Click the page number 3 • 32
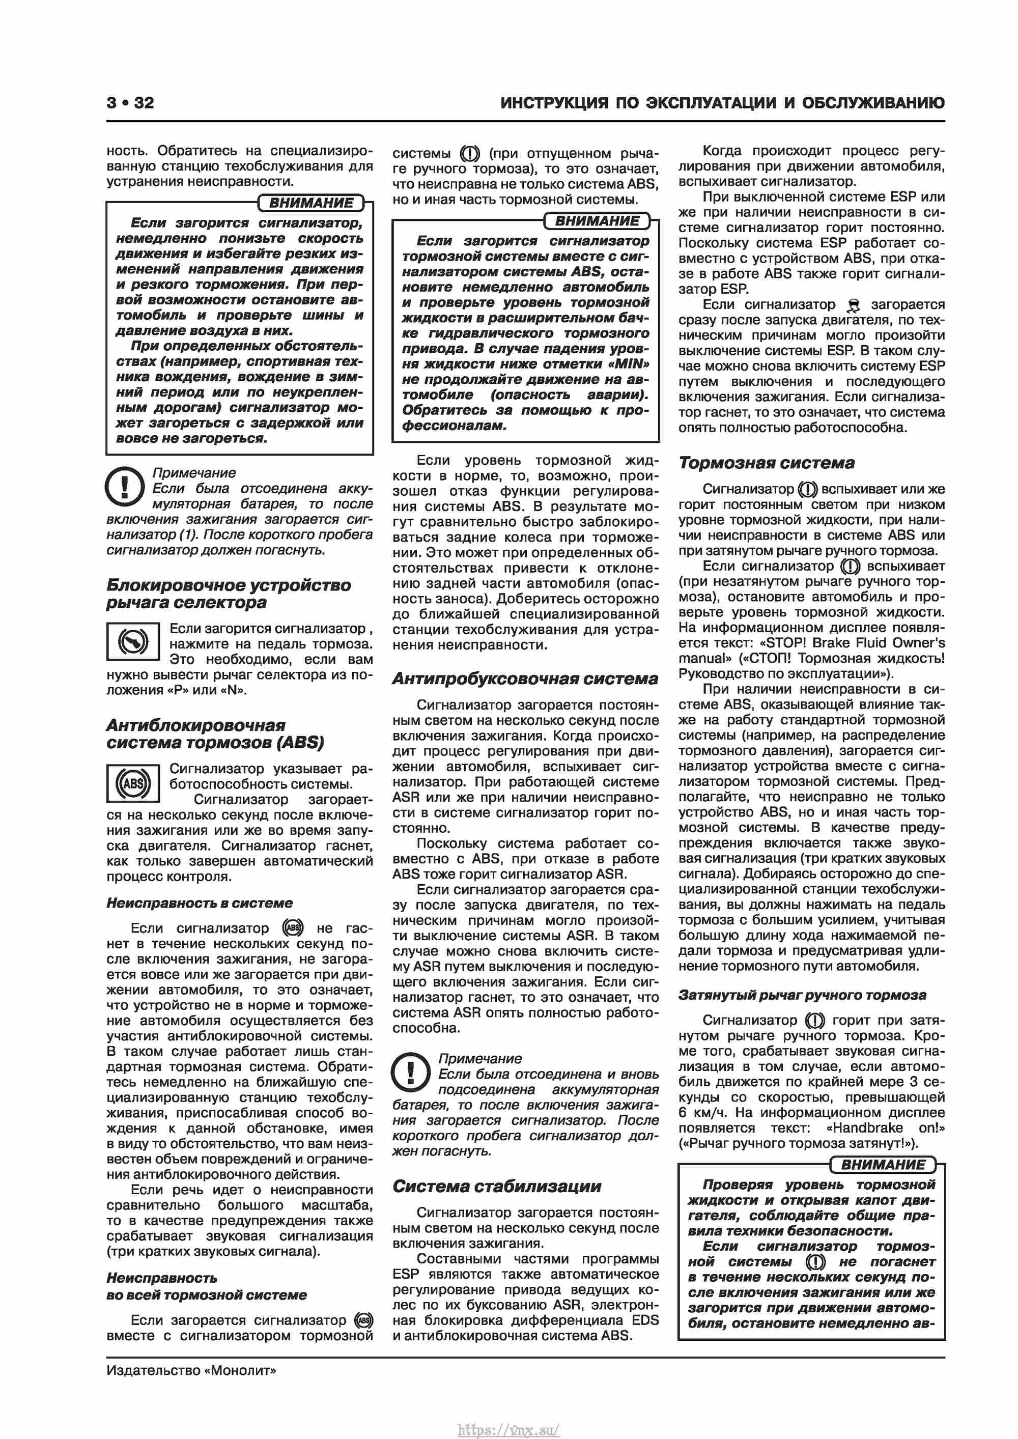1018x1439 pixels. [x=130, y=103]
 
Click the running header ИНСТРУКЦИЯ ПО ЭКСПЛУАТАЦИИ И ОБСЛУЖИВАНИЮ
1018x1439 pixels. [x=722, y=103]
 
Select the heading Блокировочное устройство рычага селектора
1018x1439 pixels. [x=228, y=594]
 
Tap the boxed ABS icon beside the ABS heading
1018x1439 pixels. [x=133, y=783]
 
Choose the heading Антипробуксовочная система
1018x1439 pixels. [x=525, y=679]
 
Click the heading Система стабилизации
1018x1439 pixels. [x=496, y=1187]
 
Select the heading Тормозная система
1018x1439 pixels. [x=766, y=463]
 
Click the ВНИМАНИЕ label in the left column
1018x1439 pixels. [x=312, y=203]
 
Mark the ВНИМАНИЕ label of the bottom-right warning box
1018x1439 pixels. [x=883, y=1165]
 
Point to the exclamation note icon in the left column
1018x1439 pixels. [x=125, y=486]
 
